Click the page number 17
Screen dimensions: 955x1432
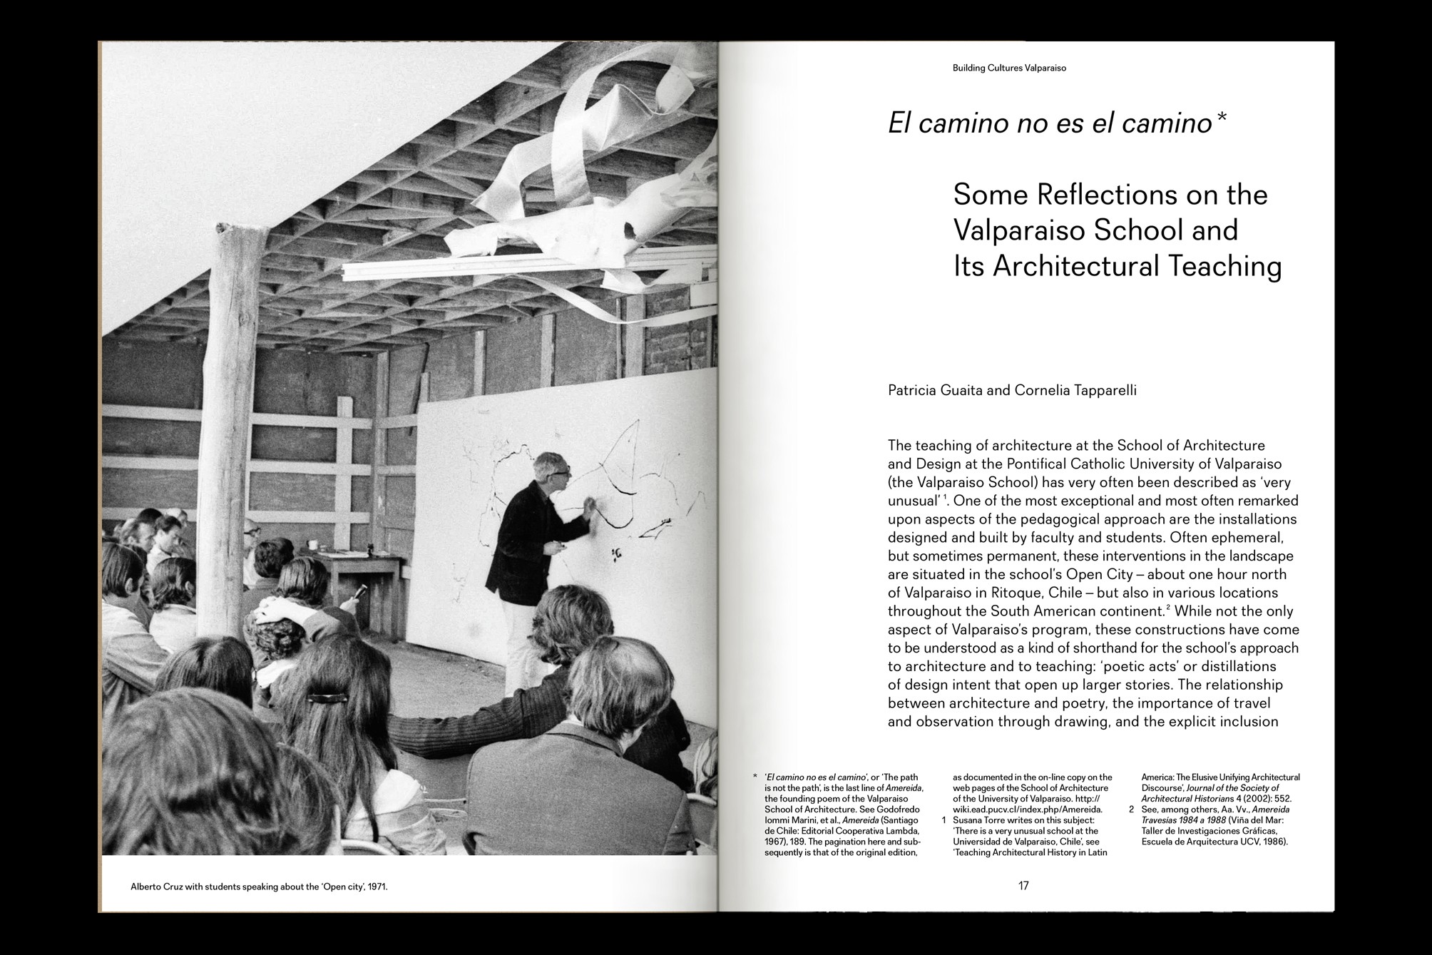coord(1023,886)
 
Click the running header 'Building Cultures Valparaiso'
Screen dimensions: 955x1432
coord(1009,68)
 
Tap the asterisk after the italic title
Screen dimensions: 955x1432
coord(1221,118)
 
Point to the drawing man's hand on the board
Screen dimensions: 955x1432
coord(589,508)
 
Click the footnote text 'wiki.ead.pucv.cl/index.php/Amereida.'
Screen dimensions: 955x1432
coord(1027,810)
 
